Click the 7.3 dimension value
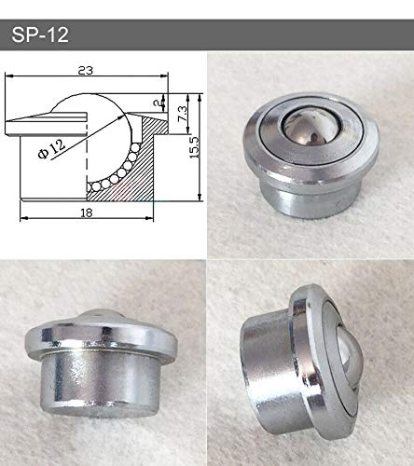tap(179, 111)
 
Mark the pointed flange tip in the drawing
tap(21, 123)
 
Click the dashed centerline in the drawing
tap(86, 149)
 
